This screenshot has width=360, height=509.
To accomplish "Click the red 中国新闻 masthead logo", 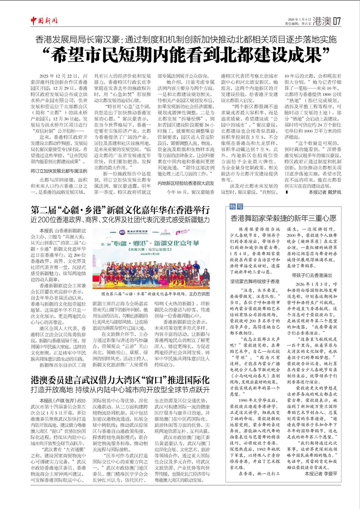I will [x=44, y=21].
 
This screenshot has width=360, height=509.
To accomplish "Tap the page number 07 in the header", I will [x=337, y=21].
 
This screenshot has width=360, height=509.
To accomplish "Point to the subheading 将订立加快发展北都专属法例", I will [x=59, y=171].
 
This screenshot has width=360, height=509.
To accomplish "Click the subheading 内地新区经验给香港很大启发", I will [x=186, y=183].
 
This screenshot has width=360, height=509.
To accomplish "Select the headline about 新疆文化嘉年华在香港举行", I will [x=120, y=210].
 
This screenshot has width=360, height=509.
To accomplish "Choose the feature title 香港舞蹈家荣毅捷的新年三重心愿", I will [x=283, y=218].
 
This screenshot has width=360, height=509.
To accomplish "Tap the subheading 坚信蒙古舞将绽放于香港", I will [x=255, y=281].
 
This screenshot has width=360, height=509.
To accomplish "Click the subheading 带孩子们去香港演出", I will [x=312, y=275].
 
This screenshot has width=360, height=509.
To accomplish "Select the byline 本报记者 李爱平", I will [x=321, y=474].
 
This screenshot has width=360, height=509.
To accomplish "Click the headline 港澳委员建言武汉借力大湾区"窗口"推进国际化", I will [x=120, y=380].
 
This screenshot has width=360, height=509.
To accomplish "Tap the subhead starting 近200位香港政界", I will [x=120, y=220].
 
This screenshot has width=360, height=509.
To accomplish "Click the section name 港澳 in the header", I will [x=322, y=21].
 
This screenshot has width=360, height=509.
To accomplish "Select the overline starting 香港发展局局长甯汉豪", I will [x=186, y=39].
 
